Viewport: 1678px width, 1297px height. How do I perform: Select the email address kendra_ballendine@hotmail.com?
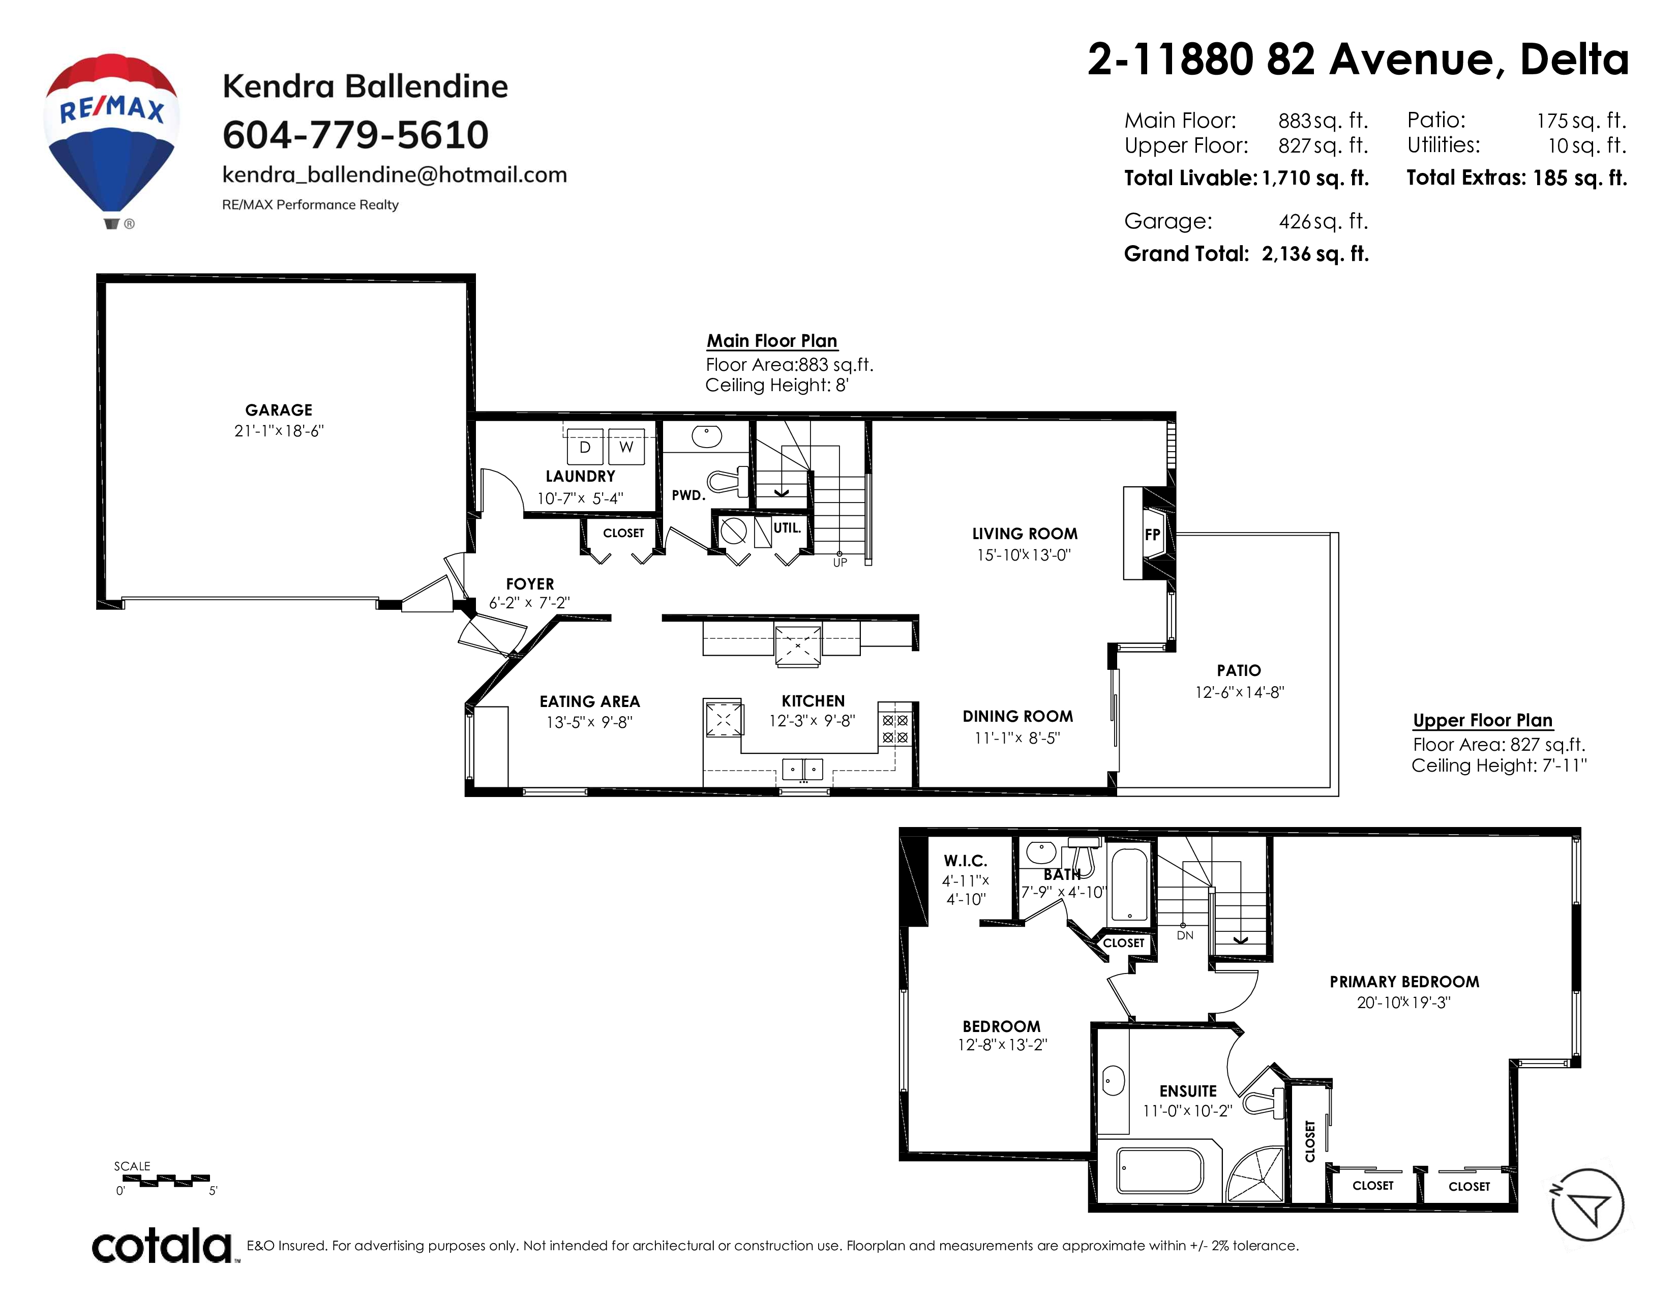tap(394, 175)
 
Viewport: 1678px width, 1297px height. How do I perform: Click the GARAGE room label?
tap(279, 410)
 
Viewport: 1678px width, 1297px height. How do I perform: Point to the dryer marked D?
tap(585, 447)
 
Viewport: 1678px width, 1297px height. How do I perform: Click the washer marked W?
tap(626, 447)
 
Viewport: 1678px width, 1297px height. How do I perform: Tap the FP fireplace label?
tap(1152, 535)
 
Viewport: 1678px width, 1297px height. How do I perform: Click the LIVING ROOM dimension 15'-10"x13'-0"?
tap(1024, 555)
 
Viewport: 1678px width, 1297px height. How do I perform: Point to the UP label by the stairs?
tap(841, 563)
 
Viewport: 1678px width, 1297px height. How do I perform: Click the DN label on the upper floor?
tap(1185, 935)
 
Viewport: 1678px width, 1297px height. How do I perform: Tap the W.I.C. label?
tap(966, 861)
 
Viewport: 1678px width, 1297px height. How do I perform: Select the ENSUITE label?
tap(1188, 1091)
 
